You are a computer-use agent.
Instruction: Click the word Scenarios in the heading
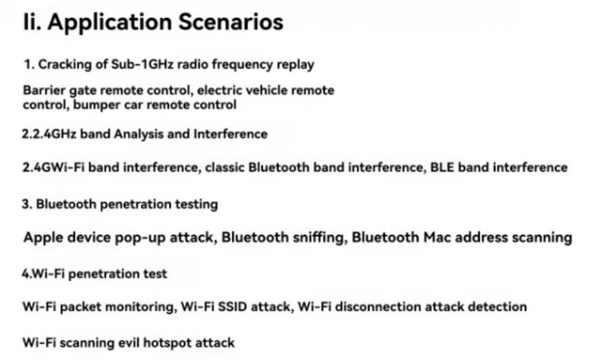230,21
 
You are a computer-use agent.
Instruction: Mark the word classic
225,167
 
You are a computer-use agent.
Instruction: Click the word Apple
41,237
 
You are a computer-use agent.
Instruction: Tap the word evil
129,343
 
